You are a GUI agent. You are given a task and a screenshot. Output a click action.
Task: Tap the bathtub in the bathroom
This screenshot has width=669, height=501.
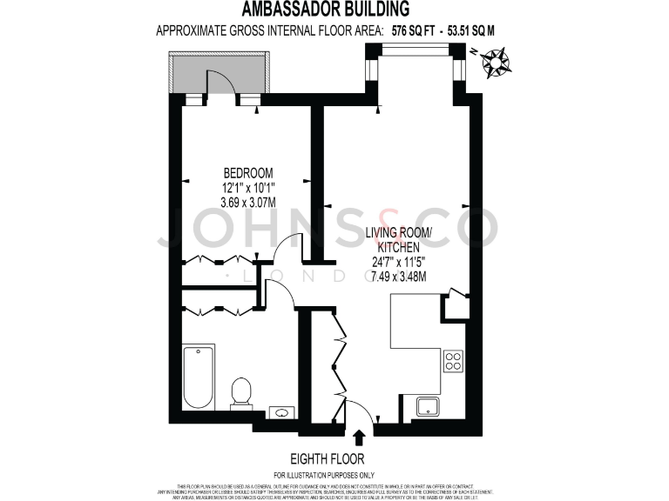click(x=199, y=377)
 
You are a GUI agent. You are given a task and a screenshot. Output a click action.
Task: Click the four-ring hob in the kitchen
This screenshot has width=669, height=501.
click(x=453, y=360)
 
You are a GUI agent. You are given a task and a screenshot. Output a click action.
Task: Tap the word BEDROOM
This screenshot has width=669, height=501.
click(x=248, y=171)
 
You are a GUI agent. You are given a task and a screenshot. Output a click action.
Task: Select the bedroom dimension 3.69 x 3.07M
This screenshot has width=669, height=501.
click(x=248, y=203)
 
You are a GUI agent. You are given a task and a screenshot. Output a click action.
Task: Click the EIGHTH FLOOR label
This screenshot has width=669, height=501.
click(x=328, y=458)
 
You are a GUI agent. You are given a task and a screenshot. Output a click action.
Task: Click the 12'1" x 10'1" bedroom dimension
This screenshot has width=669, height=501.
click(x=248, y=187)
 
